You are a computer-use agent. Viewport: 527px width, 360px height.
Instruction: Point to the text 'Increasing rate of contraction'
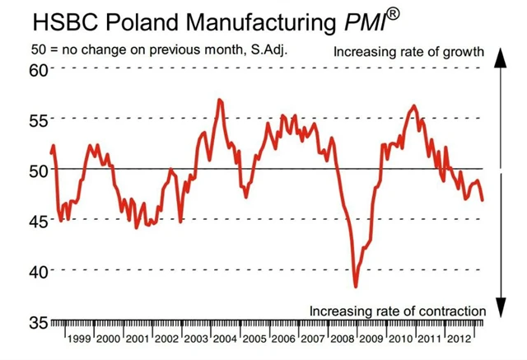398,311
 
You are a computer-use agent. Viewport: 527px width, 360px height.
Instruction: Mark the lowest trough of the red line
356,286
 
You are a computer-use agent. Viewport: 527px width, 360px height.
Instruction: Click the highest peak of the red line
219,101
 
